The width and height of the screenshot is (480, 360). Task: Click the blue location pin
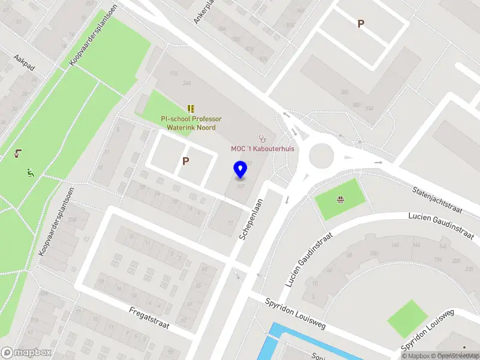[x=240, y=170]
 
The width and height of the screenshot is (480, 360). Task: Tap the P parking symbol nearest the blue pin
[x=186, y=161]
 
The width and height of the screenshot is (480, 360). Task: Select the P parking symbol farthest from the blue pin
[x=361, y=24]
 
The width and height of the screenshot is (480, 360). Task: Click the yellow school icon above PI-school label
[x=191, y=109]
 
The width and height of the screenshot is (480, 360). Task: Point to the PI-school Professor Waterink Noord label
[x=191, y=123]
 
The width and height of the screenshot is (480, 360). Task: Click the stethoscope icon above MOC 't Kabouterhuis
[x=262, y=138]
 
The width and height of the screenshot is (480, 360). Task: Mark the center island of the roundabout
[x=321, y=156]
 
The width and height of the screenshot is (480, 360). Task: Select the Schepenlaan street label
[x=251, y=220]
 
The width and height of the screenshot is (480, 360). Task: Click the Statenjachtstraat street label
[x=437, y=199]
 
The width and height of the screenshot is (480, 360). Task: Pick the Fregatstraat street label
[x=149, y=319]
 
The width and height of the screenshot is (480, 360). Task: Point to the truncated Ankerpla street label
[x=203, y=11]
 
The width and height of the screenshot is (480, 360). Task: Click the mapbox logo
[x=26, y=352]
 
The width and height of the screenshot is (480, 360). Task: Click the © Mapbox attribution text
[x=416, y=356]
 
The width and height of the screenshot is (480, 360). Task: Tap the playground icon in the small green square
[x=340, y=200]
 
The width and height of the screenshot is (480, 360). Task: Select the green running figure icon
[x=30, y=173]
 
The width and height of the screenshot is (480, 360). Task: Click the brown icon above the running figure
[x=17, y=154]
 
